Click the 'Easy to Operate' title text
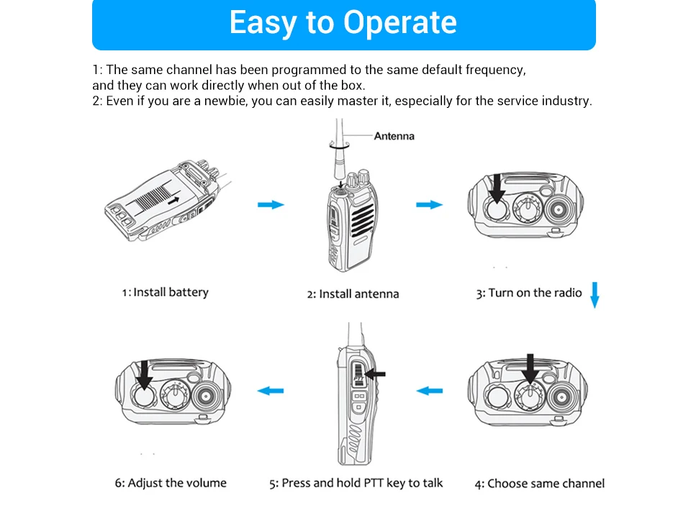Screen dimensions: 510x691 click(x=343, y=23)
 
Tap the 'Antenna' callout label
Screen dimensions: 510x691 click(x=394, y=135)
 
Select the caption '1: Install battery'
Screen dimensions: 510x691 click(x=165, y=292)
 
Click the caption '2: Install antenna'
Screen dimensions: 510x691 click(x=353, y=293)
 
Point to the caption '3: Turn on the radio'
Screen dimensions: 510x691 click(x=528, y=293)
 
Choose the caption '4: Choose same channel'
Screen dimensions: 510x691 click(x=539, y=483)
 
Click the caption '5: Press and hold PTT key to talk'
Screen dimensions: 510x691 click(x=356, y=483)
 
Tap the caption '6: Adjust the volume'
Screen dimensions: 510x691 click(x=171, y=483)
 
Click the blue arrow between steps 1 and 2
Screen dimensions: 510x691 click(x=271, y=205)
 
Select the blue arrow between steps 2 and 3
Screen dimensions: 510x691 click(x=429, y=205)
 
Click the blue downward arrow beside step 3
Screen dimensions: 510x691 click(x=595, y=295)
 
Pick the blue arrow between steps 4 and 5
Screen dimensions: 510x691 click(x=430, y=391)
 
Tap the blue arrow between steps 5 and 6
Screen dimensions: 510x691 click(x=271, y=391)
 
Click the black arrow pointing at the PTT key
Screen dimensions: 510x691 click(x=376, y=373)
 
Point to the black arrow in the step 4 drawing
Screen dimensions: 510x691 click(x=531, y=368)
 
